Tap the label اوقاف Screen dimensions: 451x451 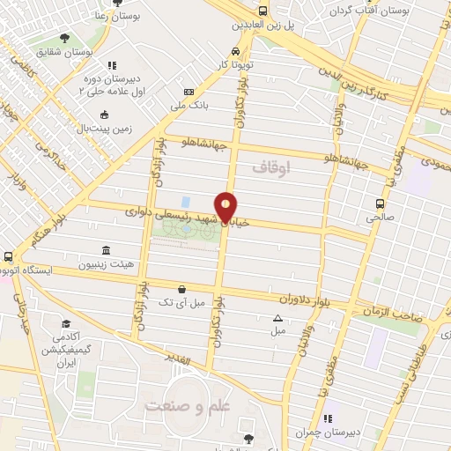[270, 166]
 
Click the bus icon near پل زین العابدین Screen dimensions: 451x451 [262, 11]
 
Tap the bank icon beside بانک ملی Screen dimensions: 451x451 [189, 92]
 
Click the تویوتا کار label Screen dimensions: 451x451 [237, 65]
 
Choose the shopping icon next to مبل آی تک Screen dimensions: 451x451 [181, 288]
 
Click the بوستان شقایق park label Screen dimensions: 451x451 [64, 53]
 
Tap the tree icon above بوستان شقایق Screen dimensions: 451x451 [64, 38]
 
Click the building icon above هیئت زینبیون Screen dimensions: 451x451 [106, 249]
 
